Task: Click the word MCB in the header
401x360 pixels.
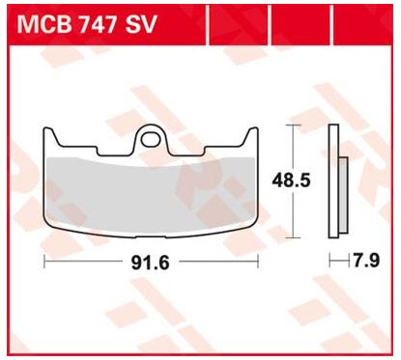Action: pos(44,24)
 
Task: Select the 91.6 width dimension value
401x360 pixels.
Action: pos(150,263)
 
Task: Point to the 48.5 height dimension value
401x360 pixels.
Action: pos(291,180)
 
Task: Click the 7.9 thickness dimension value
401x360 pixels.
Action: pos(366,261)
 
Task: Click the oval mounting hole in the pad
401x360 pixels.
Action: pos(150,139)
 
